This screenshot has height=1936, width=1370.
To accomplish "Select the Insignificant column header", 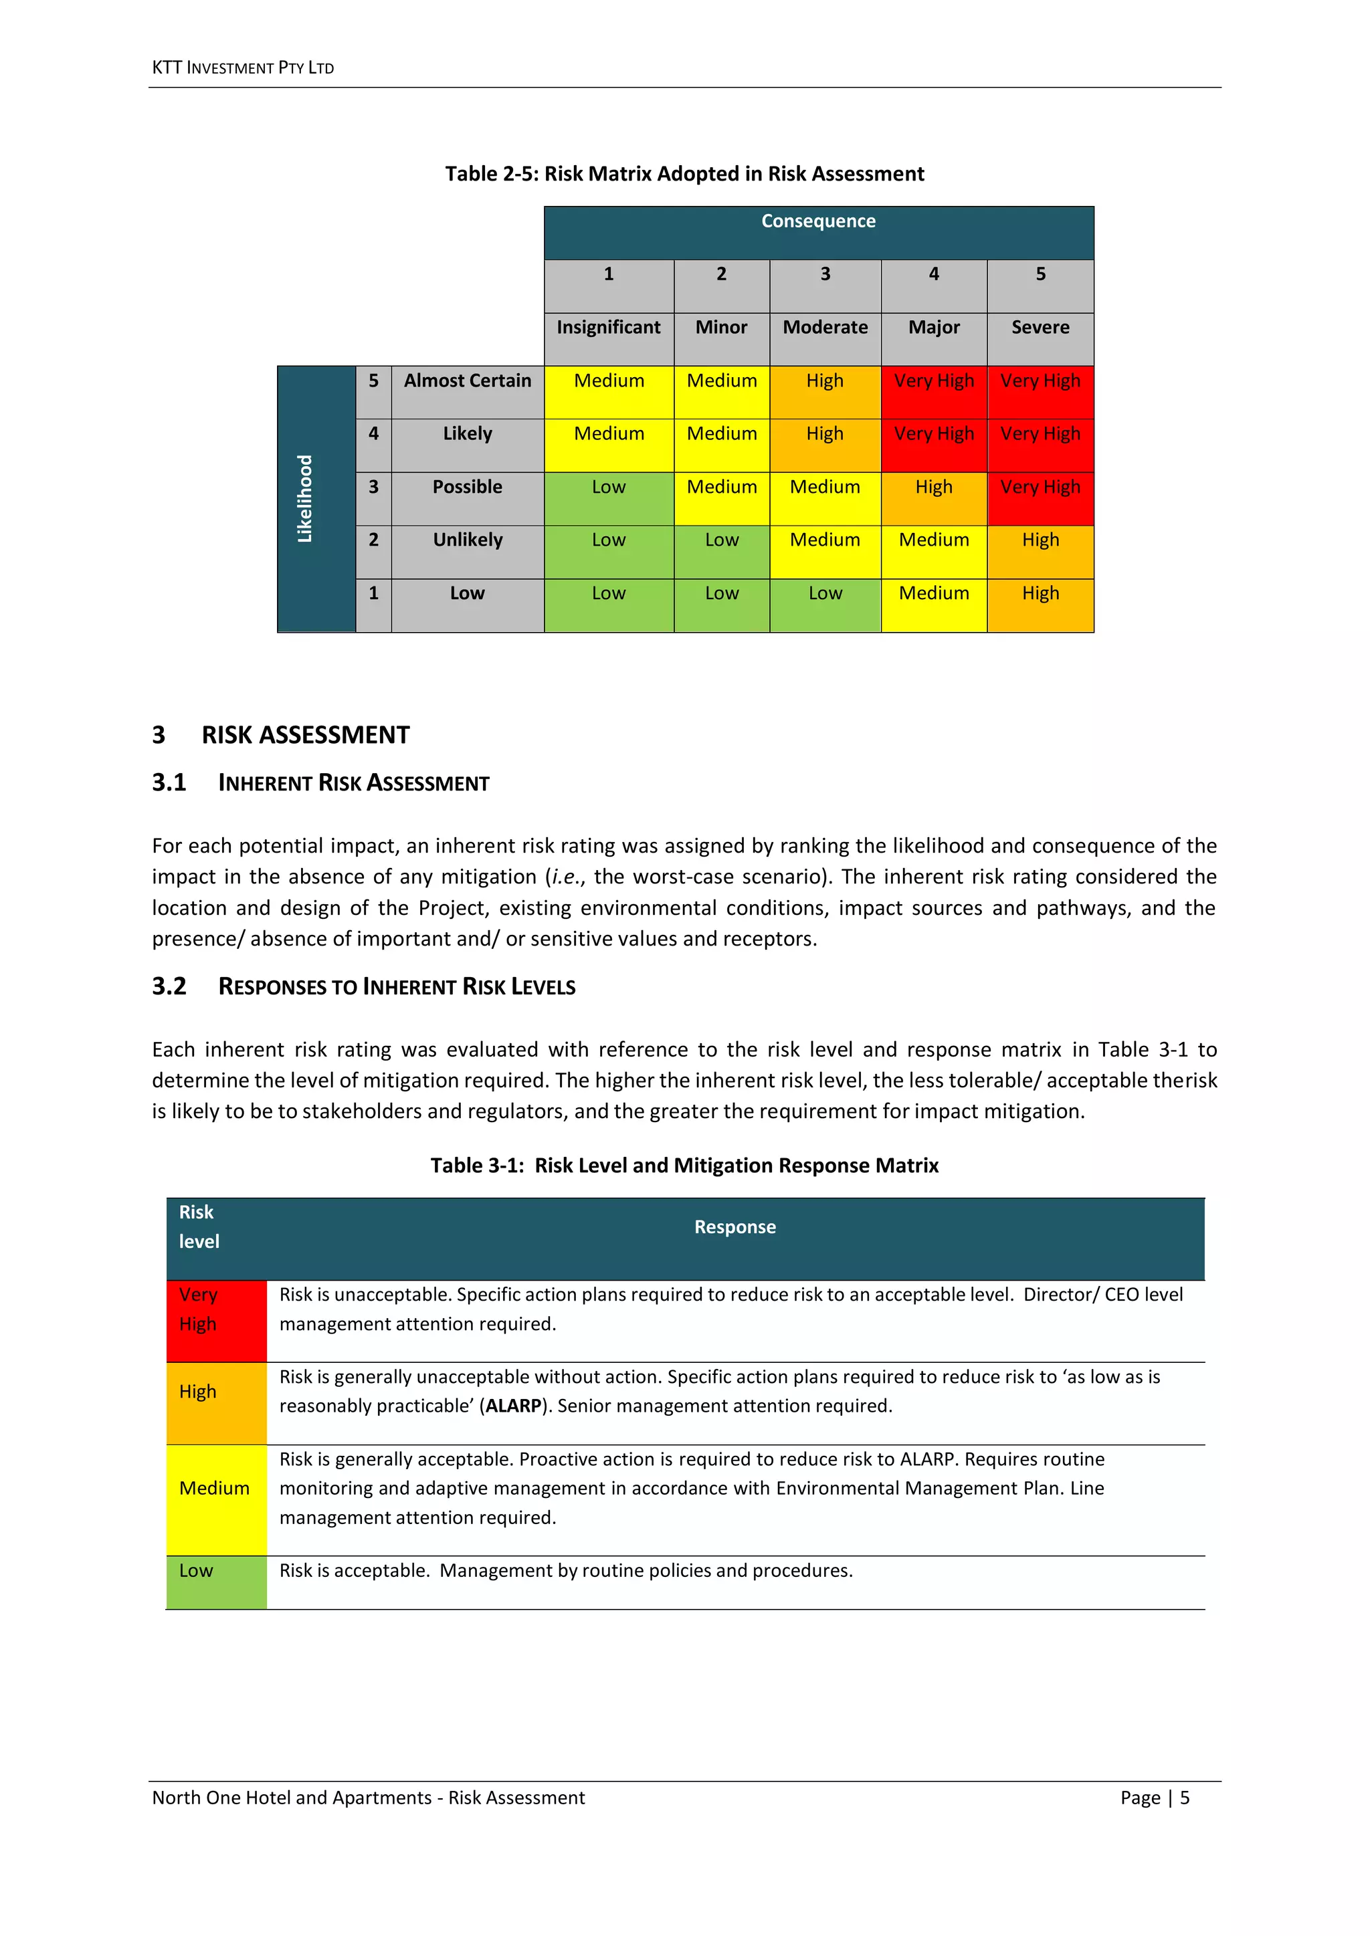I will point(608,327).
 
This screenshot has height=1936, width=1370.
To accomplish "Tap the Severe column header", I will point(1040,327).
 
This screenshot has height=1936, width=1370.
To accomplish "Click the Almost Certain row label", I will point(468,381).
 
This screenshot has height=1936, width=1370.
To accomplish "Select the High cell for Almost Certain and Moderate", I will point(824,381).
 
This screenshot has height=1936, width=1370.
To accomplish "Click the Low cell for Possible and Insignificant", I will point(608,488).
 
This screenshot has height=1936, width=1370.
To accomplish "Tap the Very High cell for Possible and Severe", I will point(1040,488).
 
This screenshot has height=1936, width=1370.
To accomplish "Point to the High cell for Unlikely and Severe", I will point(1040,540).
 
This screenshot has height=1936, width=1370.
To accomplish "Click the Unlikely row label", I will point(468,540).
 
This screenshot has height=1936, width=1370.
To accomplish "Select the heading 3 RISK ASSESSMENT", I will point(281,735).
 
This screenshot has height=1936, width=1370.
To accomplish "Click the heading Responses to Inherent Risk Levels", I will point(397,986).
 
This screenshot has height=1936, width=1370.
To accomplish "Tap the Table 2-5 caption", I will point(684,174).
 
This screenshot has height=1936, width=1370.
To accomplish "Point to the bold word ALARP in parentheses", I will point(513,1406).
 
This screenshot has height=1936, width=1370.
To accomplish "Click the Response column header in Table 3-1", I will point(735,1228).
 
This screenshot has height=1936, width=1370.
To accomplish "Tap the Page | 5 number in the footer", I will point(1154,1798).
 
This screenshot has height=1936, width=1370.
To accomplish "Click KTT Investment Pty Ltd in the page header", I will point(243,68).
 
